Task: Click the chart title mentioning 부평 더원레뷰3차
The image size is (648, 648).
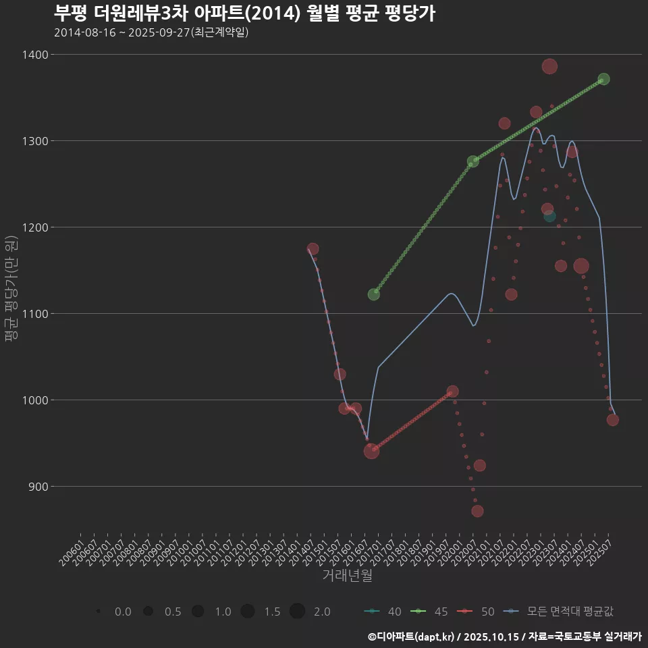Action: point(244,13)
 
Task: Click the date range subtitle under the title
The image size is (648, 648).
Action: point(151,32)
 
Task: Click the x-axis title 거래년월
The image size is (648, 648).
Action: point(348,575)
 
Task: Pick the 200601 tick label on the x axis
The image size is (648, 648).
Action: point(73,548)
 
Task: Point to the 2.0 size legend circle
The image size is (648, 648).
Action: point(298,612)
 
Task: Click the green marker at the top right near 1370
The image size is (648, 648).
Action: point(603,79)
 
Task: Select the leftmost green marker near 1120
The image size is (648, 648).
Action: point(374,294)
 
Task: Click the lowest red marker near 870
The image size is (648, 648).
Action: point(477,511)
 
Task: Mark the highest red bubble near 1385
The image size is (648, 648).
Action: point(549,66)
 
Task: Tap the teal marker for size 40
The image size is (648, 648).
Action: point(549,216)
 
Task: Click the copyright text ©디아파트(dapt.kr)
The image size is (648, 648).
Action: point(412,637)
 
